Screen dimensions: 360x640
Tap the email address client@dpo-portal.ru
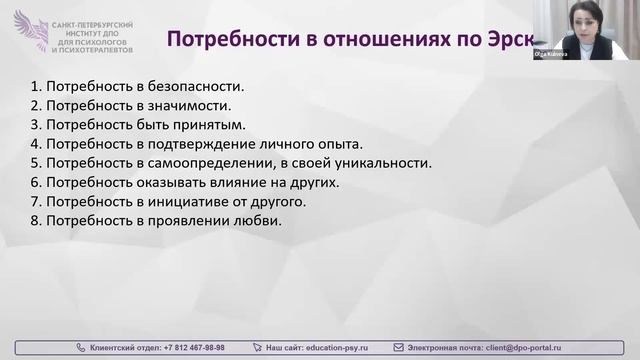tap(523, 346)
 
